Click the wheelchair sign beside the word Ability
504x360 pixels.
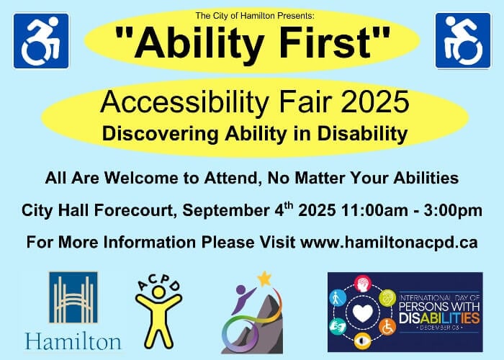pyautogui.click(x=41, y=41)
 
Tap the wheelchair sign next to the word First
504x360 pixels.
pyautogui.click(x=463, y=41)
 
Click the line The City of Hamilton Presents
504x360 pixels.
pyautogui.click(x=255, y=15)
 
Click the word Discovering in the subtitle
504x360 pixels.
pyautogui.click(x=161, y=133)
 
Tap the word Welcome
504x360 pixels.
pyautogui.click(x=141, y=178)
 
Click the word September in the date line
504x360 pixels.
pyautogui.click(x=226, y=211)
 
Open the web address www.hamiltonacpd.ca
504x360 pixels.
pyautogui.click(x=389, y=243)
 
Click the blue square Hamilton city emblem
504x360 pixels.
pyautogui.click(x=73, y=297)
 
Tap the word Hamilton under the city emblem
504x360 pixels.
pyautogui.click(x=73, y=341)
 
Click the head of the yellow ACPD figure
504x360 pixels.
pyautogui.click(x=158, y=292)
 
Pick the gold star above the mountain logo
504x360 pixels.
pyautogui.click(x=264, y=279)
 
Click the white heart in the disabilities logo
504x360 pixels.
pyautogui.click(x=363, y=312)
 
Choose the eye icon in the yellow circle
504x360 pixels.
pyautogui.click(x=363, y=341)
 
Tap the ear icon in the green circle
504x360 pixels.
pyautogui.click(x=387, y=297)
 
